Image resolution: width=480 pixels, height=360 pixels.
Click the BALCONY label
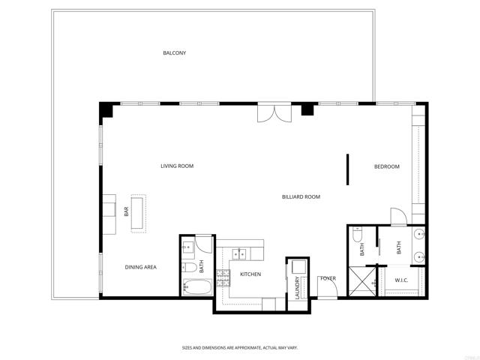(x=175, y=53)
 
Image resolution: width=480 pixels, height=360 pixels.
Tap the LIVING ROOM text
(x=177, y=166)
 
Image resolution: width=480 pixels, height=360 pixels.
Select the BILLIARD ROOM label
(x=301, y=196)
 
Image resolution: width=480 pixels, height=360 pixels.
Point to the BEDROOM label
(x=387, y=166)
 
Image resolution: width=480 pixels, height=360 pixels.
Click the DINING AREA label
(x=140, y=267)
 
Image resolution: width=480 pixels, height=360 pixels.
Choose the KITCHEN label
(x=250, y=274)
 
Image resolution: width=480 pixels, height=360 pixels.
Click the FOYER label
(x=328, y=278)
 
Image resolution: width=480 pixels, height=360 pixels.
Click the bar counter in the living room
(x=139, y=214)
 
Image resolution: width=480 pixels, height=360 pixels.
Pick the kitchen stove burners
(x=223, y=277)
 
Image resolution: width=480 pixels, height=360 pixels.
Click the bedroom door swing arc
(x=399, y=216)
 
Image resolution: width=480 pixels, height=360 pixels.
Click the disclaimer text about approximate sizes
(x=239, y=347)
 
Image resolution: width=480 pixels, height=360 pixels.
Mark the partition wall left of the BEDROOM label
(x=347, y=169)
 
